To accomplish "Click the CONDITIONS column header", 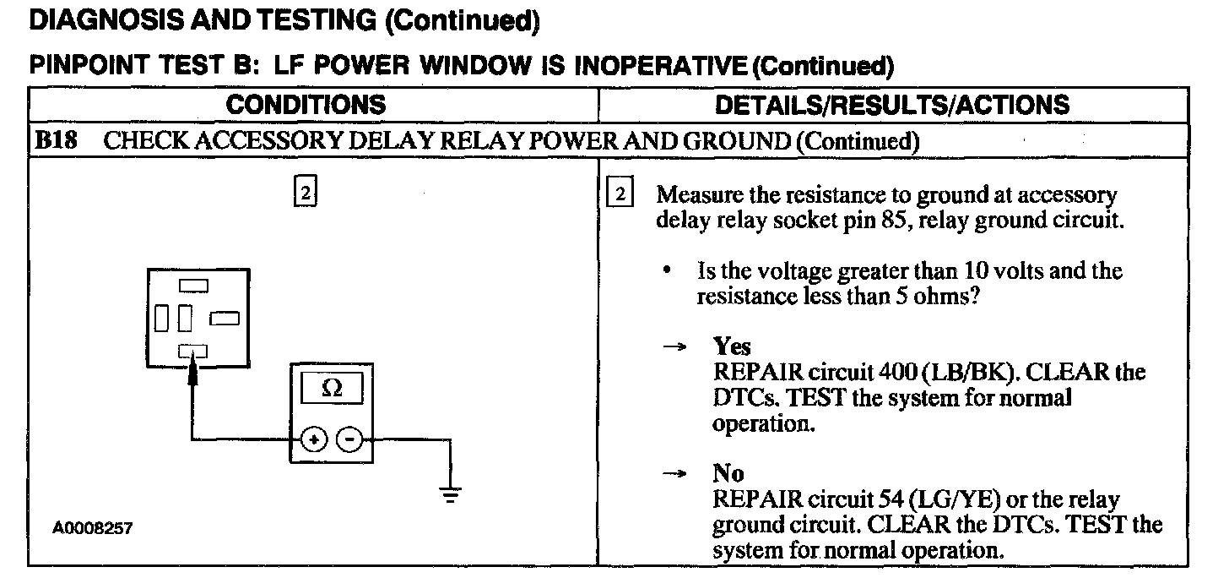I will [x=306, y=105].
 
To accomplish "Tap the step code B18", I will [x=55, y=140].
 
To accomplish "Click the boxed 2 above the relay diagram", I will [x=305, y=194].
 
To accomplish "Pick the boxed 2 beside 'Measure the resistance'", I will [x=620, y=194].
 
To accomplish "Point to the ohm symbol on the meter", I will [x=333, y=390].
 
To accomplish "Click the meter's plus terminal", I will [x=314, y=439].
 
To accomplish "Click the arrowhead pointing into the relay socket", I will [x=193, y=369].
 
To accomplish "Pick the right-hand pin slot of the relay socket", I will [x=225, y=319].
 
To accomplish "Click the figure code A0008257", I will [x=93, y=528].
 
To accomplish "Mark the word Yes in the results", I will [x=731, y=346].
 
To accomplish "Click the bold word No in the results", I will [x=728, y=473].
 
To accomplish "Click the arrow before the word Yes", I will [x=673, y=347].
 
